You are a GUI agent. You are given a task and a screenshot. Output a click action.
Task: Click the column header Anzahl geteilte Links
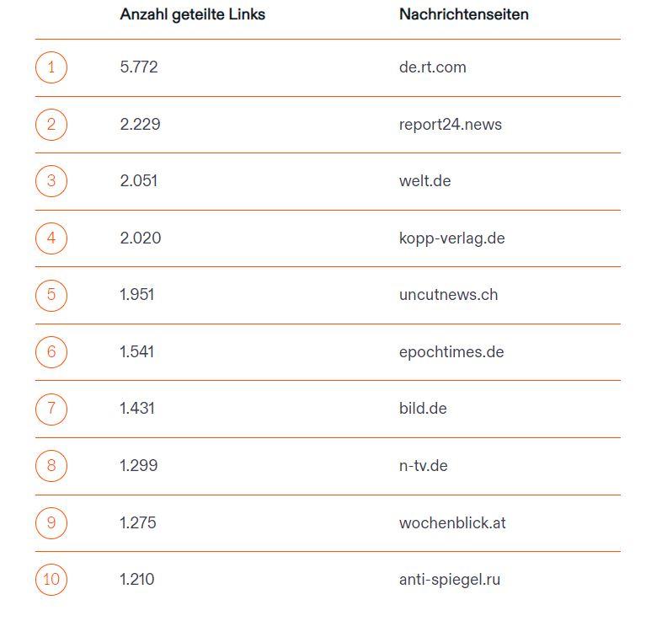click(192, 14)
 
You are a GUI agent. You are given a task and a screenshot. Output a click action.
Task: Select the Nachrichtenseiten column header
click(463, 14)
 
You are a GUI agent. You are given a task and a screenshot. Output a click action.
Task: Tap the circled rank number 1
click(51, 67)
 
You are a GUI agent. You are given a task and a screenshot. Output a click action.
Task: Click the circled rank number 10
click(51, 580)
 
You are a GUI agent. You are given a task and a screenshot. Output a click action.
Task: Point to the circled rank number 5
click(51, 295)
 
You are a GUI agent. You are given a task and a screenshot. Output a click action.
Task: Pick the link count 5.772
click(139, 67)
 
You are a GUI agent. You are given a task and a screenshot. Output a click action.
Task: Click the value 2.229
click(140, 125)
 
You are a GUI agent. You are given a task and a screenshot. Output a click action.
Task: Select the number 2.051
click(139, 181)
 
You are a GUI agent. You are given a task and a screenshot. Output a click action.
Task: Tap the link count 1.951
click(137, 295)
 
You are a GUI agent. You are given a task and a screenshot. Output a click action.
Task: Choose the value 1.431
click(137, 409)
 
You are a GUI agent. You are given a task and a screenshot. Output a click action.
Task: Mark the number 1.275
click(138, 522)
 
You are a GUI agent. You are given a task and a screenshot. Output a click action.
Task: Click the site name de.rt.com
click(432, 67)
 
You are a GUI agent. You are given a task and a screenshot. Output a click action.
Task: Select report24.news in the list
click(450, 125)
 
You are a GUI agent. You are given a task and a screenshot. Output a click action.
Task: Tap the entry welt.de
click(424, 181)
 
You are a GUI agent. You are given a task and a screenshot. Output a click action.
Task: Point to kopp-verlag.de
click(451, 238)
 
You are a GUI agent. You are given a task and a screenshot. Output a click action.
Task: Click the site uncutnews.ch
click(448, 295)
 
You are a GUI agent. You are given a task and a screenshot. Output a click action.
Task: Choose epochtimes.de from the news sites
click(451, 352)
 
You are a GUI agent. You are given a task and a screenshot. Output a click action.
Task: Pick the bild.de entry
click(423, 409)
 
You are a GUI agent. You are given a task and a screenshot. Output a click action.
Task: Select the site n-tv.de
click(423, 466)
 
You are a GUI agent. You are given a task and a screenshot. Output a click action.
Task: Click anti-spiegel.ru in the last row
click(450, 580)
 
